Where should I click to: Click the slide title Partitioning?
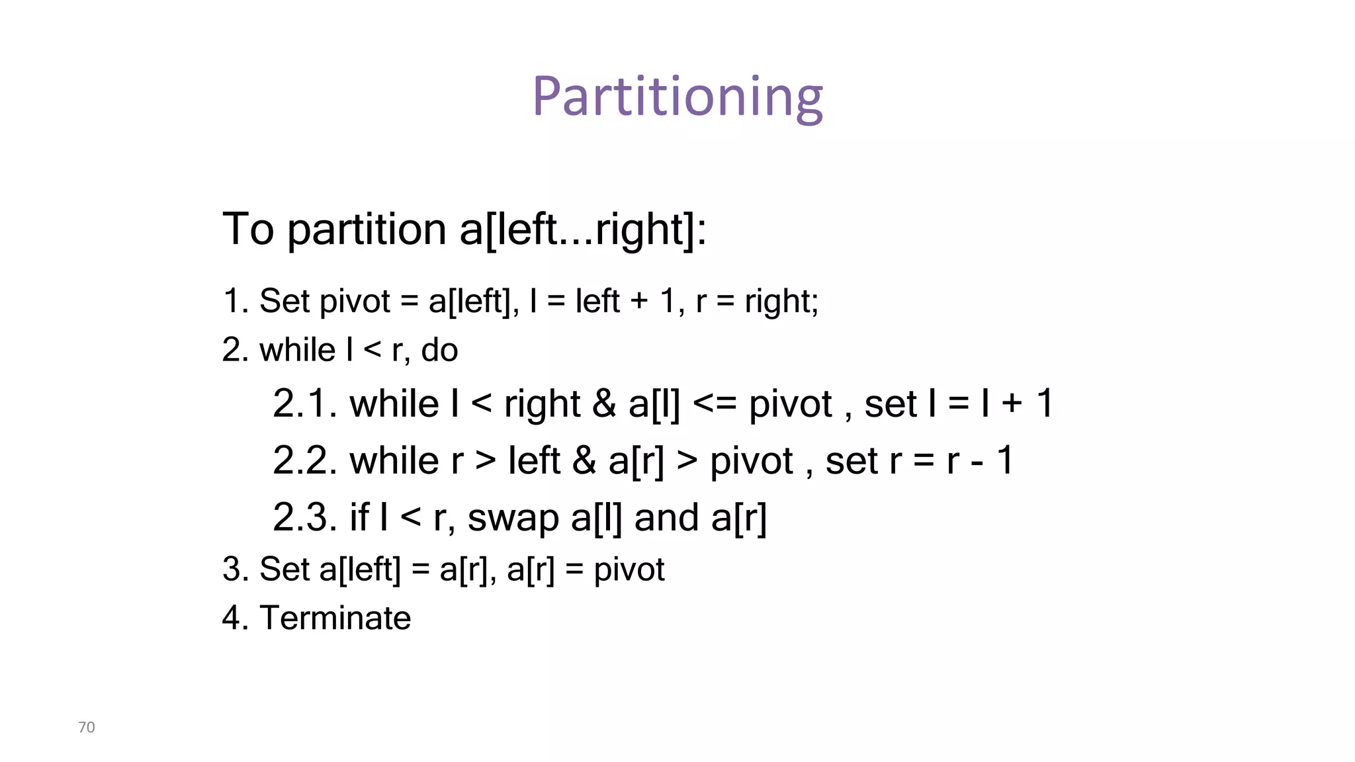677,97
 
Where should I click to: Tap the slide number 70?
87,727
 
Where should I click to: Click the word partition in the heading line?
367,230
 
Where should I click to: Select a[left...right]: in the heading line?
583,230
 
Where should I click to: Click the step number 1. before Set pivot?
236,301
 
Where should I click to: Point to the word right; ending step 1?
781,302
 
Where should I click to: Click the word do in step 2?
439,350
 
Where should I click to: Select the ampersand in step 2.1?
604,403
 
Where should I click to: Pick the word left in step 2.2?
535,460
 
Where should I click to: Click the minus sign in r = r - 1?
976,462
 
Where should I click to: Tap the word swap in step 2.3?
513,519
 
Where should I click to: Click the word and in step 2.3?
666,517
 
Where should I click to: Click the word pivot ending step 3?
629,570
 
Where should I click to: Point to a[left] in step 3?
360,570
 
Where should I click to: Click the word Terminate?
335,618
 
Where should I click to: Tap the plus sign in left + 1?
639,302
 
